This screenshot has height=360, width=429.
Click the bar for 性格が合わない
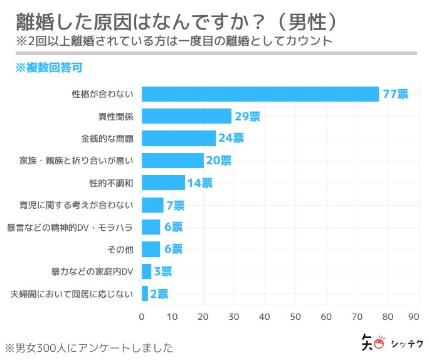260,94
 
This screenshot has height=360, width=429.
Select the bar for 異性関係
186,116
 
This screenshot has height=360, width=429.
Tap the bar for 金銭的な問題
179,138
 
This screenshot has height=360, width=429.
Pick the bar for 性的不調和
163,183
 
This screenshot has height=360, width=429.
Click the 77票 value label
395,95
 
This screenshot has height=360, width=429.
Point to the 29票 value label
247,117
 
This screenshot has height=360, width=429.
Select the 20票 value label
218,161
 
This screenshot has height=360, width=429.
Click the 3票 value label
162,271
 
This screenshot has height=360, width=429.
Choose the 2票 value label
159,294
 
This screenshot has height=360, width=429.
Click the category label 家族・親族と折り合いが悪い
77,161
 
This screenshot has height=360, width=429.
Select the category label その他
120,249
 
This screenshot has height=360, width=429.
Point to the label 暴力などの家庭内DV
92,272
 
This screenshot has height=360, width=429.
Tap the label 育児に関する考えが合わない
77,205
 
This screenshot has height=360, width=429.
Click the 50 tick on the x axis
295,316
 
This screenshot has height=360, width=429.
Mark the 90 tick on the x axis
413,316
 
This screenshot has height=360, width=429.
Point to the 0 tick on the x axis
142,316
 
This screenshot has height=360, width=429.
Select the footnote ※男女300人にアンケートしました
88,347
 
